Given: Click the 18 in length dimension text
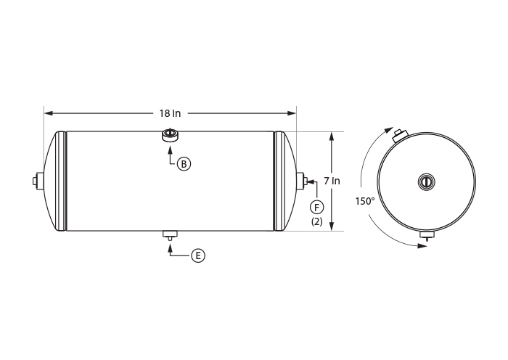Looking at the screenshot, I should click(170, 113).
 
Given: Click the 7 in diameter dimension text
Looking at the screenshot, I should click(332, 180).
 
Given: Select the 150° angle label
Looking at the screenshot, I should click(365, 201).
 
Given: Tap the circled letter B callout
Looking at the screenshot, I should click(184, 164).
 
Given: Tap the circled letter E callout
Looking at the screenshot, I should click(198, 255).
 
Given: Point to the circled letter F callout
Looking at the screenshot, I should click(316, 206).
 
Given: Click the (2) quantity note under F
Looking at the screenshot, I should click(316, 221).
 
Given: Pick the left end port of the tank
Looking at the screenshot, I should click(34, 181).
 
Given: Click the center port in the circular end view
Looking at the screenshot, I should click(426, 181).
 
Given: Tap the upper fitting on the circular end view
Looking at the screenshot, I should click(400, 136).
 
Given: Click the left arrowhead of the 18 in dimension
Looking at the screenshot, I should click(47, 113).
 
